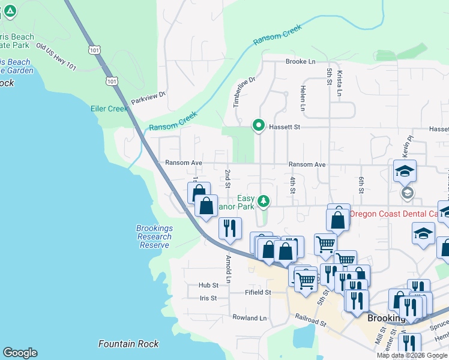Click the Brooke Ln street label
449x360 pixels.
tap(300, 62)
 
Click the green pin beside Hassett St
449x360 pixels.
tap(259, 125)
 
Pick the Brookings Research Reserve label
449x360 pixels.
tap(154, 236)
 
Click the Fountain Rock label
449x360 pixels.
tap(129, 344)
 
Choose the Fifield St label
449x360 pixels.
tap(259, 292)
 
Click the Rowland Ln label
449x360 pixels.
tap(249, 318)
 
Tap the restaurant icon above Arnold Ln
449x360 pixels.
tap(230, 229)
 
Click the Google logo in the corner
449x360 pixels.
tap(20, 353)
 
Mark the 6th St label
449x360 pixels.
tap(361, 185)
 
